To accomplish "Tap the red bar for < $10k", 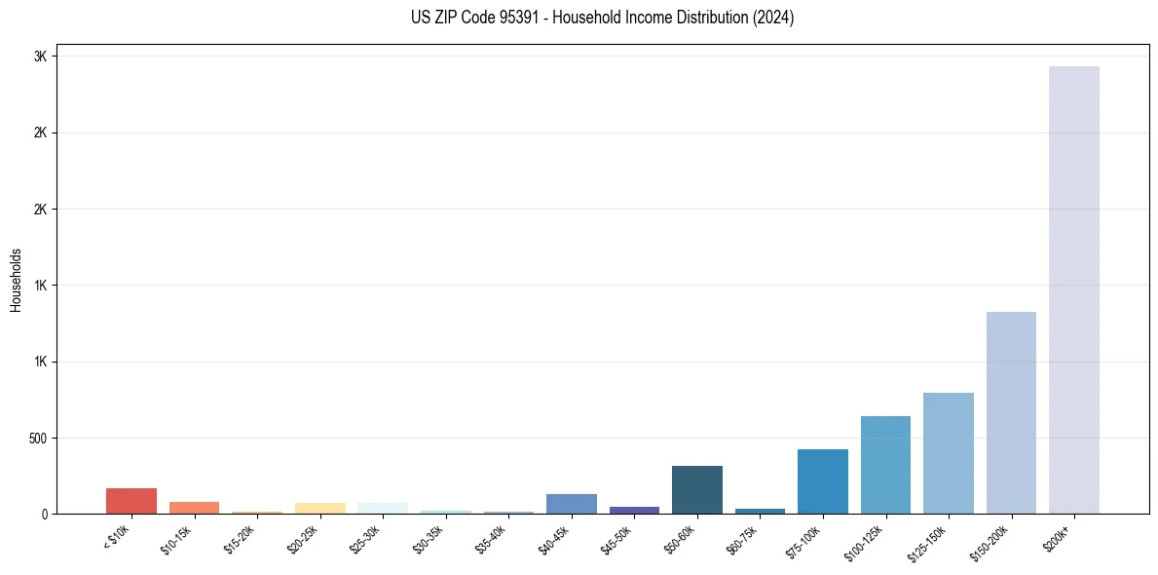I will (x=131, y=501).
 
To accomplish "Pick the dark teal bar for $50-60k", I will (x=697, y=489).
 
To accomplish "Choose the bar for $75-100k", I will (x=823, y=481).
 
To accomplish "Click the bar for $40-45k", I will (x=572, y=504).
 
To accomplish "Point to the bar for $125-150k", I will (x=949, y=453).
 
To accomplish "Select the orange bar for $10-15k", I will (x=194, y=508).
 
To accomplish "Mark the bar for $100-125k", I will (x=885, y=465).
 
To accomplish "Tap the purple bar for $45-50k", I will (x=634, y=510).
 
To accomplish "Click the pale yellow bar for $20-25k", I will (x=319, y=508).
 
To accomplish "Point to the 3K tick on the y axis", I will (x=40, y=57).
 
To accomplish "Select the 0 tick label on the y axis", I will (x=43, y=515).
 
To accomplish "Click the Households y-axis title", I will (x=16, y=280).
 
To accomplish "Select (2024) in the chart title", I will (x=773, y=18).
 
